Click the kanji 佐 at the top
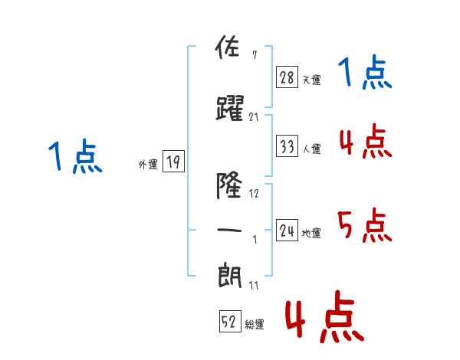pos(228,47)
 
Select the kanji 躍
pos(230,108)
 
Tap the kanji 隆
pos(229,185)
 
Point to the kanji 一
pos(229,230)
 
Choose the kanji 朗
pos(230,276)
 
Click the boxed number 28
pos(287,77)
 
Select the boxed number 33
pos(287,146)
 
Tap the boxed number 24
pos(287,230)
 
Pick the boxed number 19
pos(173,161)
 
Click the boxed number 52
pos(230,321)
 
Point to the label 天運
pos(311,80)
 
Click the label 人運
pos(311,149)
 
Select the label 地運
pos(311,233)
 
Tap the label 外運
pos(148,164)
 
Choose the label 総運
pos(255,324)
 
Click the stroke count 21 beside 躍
pos(254,117)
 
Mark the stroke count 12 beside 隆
pos(254,193)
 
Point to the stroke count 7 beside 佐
pos(255,55)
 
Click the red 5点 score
pos(364,225)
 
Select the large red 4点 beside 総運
pos(324,316)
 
